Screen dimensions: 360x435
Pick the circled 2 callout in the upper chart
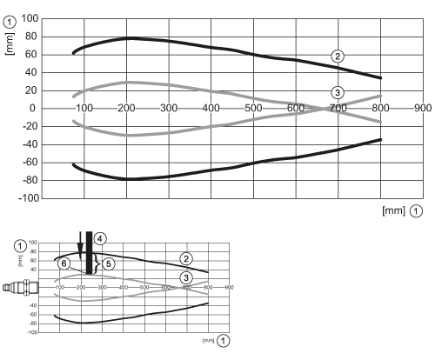(x=337, y=56)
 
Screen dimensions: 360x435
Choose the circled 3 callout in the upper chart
(x=338, y=92)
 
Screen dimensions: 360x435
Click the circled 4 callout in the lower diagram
(x=100, y=238)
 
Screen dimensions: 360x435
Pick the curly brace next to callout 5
(x=97, y=263)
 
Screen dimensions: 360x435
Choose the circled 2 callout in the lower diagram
(x=184, y=258)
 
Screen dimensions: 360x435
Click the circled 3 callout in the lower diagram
(x=184, y=277)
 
